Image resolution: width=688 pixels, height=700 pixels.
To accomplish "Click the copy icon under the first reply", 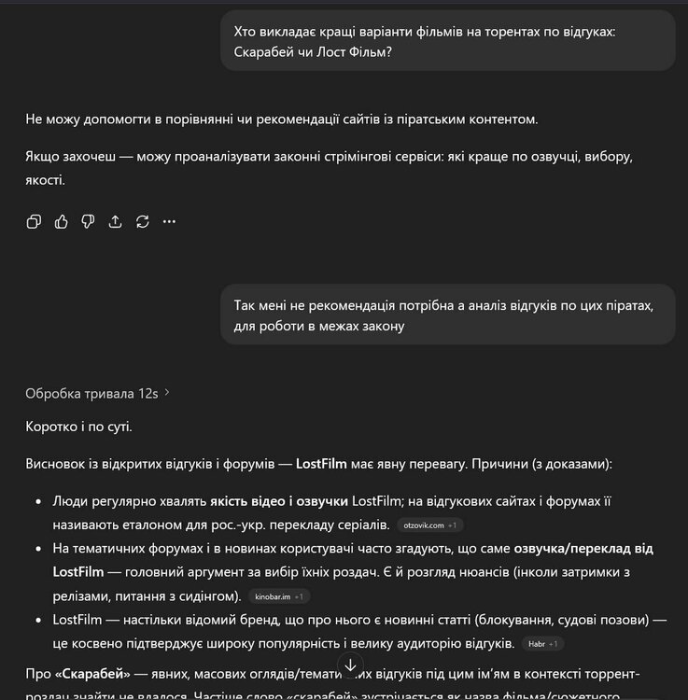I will point(34,221).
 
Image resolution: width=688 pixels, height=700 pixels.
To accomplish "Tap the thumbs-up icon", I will point(61,221).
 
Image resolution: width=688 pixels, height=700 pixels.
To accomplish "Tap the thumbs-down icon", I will point(88,221).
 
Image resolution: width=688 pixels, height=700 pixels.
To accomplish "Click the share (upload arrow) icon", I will point(115,221).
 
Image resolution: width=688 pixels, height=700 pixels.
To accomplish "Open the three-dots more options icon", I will point(169,221).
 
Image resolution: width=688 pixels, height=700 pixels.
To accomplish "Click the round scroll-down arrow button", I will point(350,665).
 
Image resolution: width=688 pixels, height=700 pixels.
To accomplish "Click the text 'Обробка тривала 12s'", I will point(91,393).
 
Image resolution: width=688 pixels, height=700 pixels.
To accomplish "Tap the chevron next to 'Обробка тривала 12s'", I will point(167,393).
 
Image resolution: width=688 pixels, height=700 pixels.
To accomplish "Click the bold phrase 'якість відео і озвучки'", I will point(279,501).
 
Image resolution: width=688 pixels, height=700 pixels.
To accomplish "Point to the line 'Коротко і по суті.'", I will point(79,427).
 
